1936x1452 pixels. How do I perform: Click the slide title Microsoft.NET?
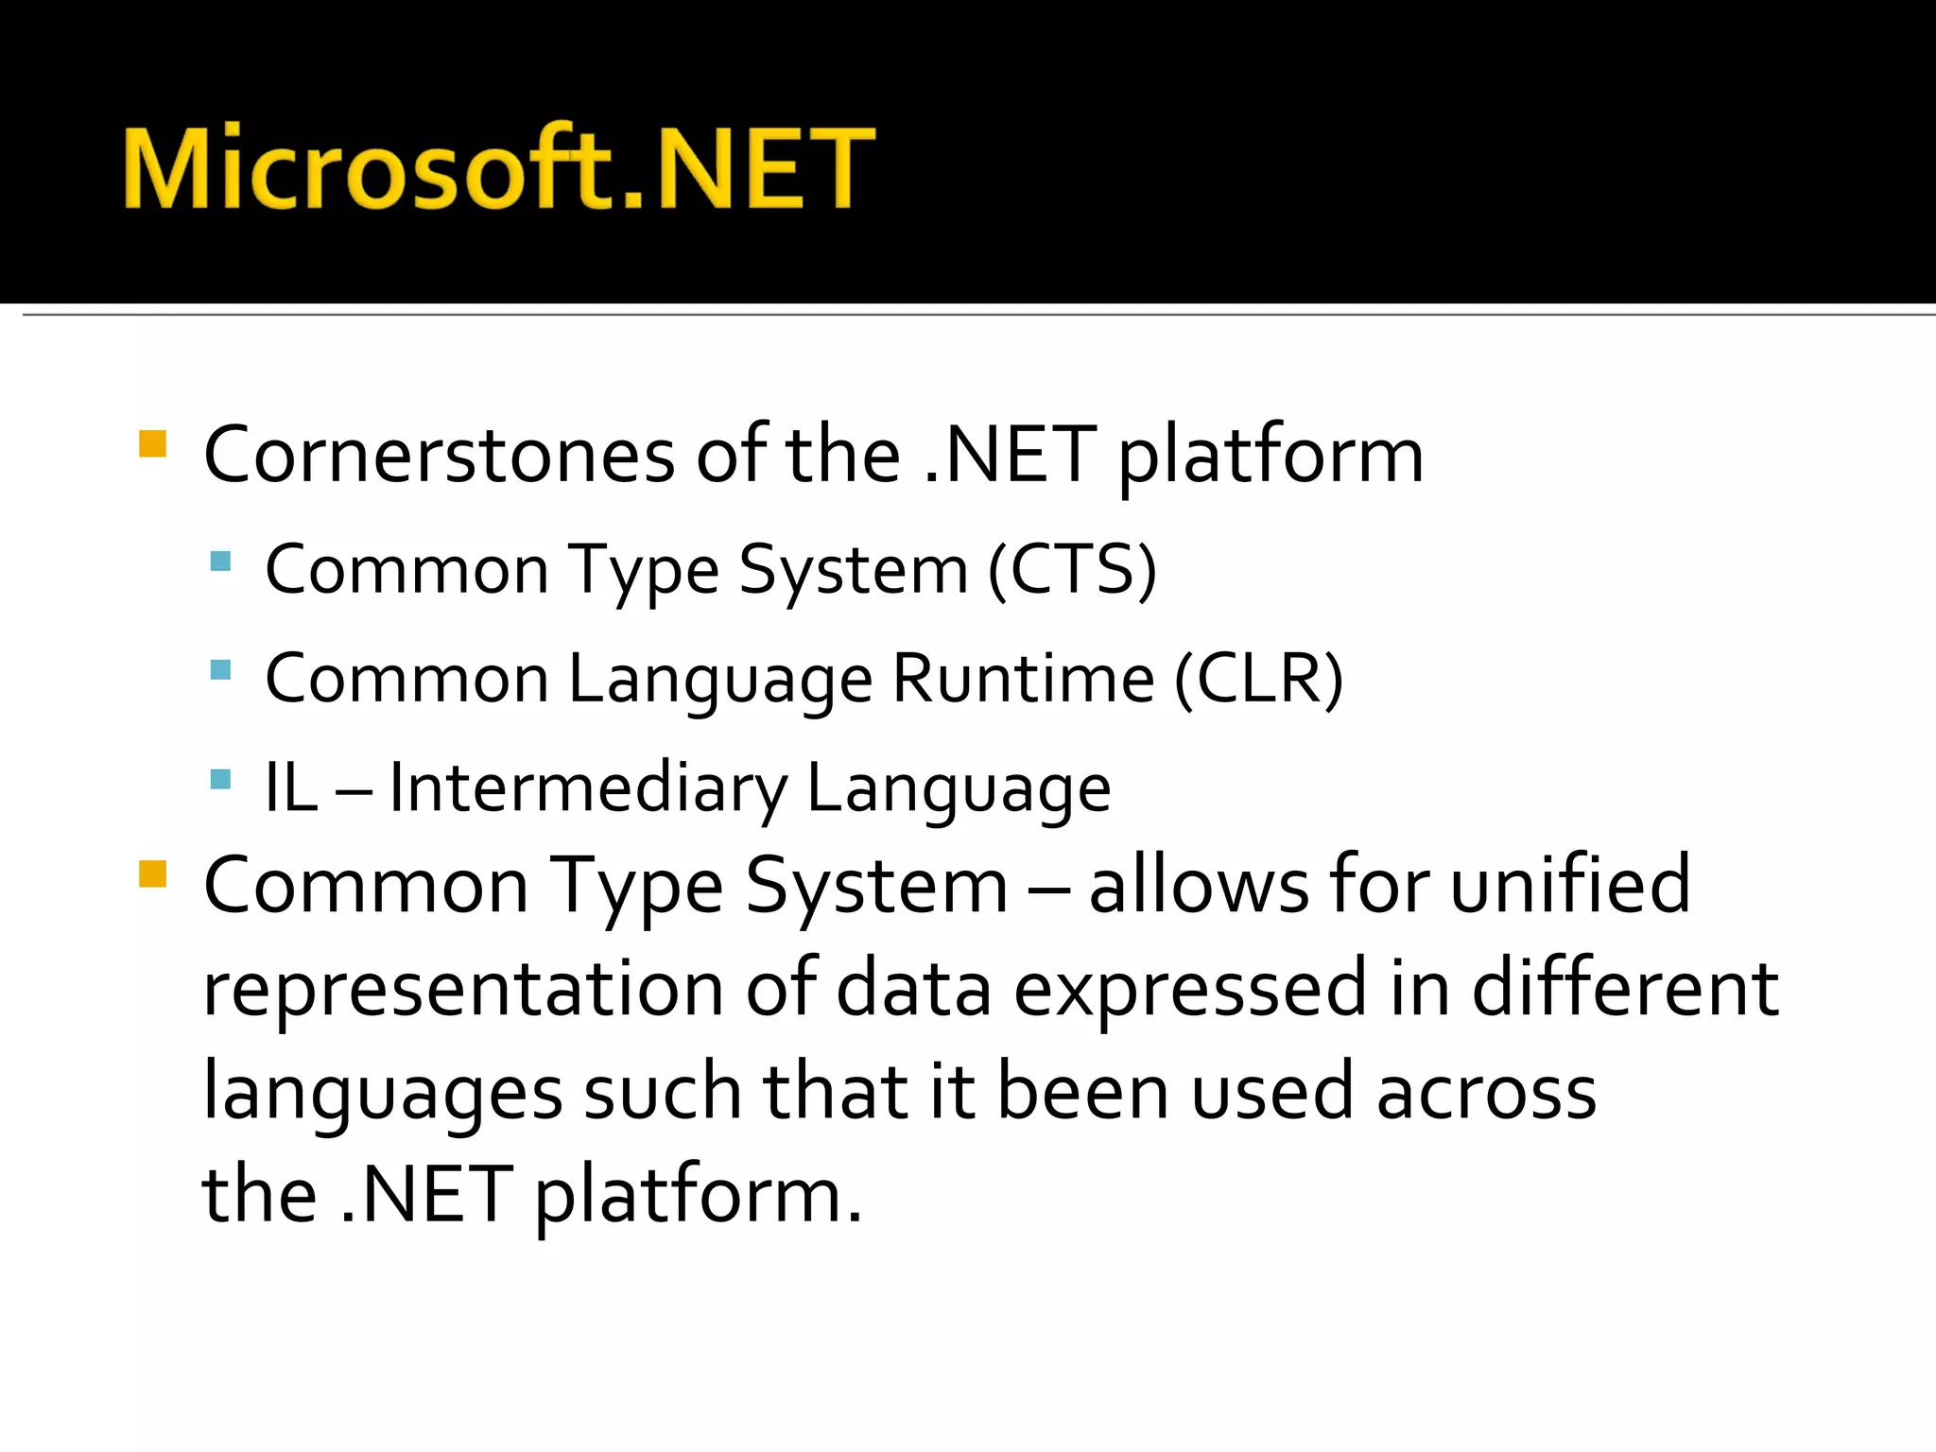[498, 167]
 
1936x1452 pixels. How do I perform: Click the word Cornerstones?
[439, 456]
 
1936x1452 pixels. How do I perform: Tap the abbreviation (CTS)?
[1072, 570]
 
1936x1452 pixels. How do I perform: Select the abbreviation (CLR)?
[1258, 680]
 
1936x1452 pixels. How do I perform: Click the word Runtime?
[1023, 680]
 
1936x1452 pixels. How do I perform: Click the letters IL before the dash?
[290, 788]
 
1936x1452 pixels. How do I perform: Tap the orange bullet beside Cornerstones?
[152, 444]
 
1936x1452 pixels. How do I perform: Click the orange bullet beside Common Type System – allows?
[152, 873]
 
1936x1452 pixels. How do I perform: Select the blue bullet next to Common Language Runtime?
[220, 670]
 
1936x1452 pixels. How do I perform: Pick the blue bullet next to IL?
[220, 780]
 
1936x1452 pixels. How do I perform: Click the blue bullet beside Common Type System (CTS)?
[220, 562]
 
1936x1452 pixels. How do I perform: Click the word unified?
[1570, 885]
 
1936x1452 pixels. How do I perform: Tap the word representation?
[463, 989]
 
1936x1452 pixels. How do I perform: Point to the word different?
[1625, 989]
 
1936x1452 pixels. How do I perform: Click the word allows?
[1199, 885]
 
